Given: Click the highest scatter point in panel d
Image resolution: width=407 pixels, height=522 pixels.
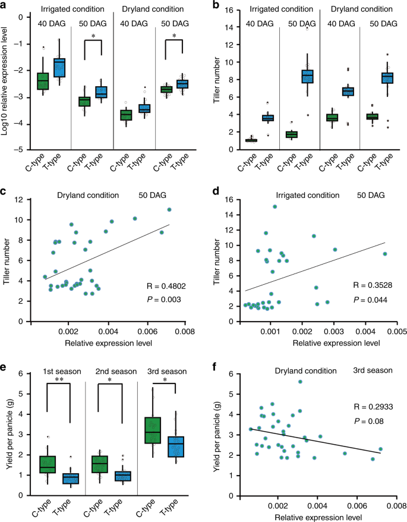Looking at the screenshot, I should coord(275,207).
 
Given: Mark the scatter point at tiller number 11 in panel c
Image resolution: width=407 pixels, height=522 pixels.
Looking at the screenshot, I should coord(169,210).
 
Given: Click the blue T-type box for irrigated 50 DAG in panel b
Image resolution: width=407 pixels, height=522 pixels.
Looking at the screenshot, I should coord(307,77).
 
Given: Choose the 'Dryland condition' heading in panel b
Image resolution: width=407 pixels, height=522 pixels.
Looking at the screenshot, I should coord(359,10).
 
